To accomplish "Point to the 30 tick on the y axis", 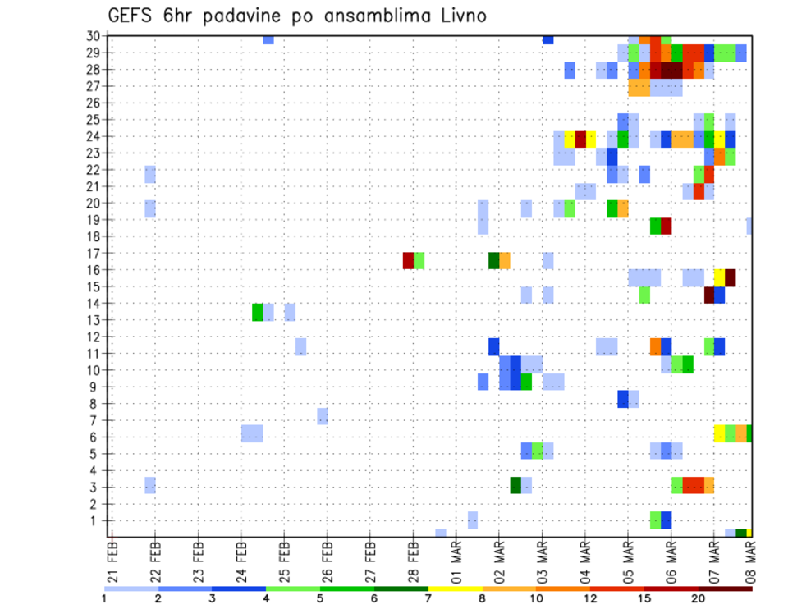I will pyautogui.click(x=94, y=36).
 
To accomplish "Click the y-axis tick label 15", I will pyautogui.click(x=94, y=286).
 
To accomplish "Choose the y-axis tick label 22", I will pyautogui.click(x=94, y=170).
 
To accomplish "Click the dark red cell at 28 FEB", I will pyautogui.click(x=408, y=261).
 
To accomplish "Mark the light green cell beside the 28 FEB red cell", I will pyautogui.click(x=419, y=261).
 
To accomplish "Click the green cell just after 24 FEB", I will pyautogui.click(x=258, y=312).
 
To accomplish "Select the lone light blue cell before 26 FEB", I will pyautogui.click(x=323, y=416).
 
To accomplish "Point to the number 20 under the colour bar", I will pyautogui.click(x=699, y=598).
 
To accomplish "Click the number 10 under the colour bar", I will pyautogui.click(x=537, y=598).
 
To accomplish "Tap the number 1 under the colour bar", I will pyautogui.click(x=105, y=598).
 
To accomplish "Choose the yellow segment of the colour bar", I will pyautogui.click(x=456, y=588).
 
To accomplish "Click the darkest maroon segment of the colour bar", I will pyautogui.click(x=726, y=588).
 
